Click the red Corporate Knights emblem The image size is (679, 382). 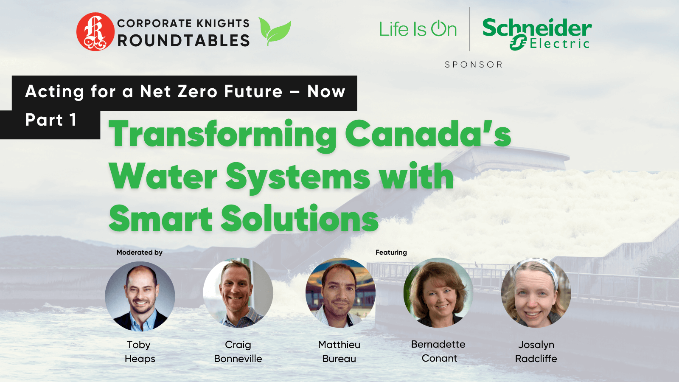pos(95,31)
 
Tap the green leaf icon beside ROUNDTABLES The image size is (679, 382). pos(275,31)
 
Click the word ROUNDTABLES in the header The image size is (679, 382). pos(183,41)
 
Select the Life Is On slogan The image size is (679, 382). pos(418,29)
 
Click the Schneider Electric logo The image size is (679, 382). pos(537,34)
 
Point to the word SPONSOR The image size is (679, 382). pos(474,65)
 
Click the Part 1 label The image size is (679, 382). pos(51,120)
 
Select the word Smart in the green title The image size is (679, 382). pos(160,218)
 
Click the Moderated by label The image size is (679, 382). pos(140,252)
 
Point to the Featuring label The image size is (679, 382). pos(391,252)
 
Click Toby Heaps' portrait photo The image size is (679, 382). pos(140,296)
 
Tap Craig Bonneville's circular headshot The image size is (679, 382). pos(238,292)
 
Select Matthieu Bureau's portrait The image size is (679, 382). pos(340,292)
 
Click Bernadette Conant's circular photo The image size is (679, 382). pos(438,292)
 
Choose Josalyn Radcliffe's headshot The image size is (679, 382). pos(536,292)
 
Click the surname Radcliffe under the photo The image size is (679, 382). pos(536,359)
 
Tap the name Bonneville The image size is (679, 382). pos(238,359)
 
